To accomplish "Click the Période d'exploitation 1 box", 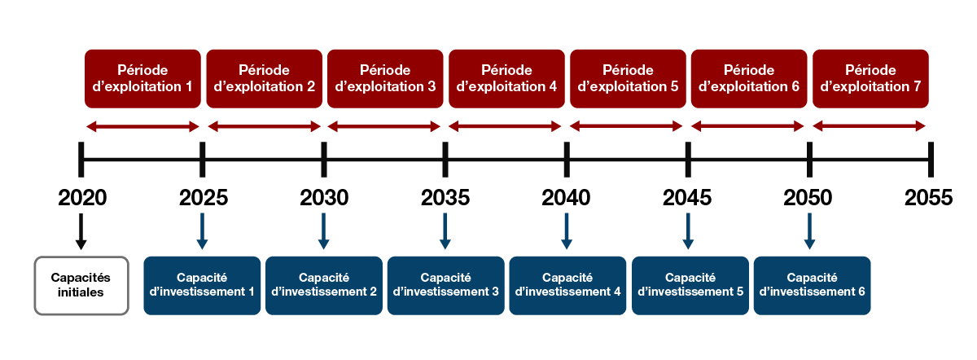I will (142, 78).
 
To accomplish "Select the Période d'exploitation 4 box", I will (506, 78).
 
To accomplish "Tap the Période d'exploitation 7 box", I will (870, 78).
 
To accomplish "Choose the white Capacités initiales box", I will (81, 285).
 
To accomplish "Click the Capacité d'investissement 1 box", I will (202, 285).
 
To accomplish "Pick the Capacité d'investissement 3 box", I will (445, 285).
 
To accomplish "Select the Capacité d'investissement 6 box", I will (812, 285).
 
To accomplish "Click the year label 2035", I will (445, 198).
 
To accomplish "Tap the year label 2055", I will (929, 198).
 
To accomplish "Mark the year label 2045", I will (688, 198).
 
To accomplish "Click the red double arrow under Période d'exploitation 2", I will (265, 126).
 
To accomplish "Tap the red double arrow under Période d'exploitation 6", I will (747, 126).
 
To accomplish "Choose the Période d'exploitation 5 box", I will (628, 78).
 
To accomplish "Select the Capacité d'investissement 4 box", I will (567, 285).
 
